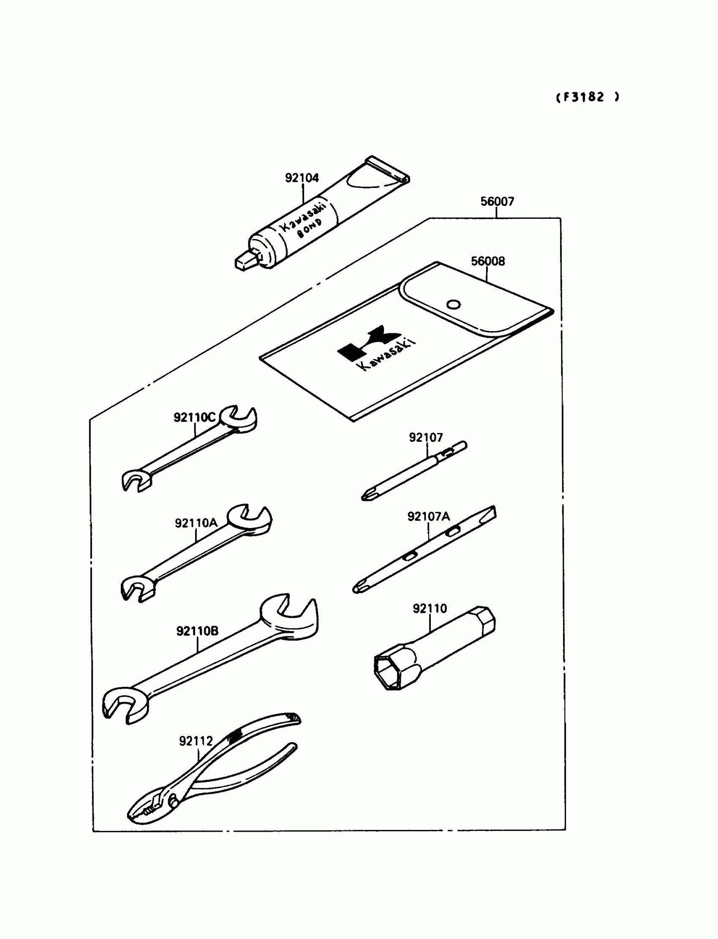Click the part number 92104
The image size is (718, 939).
[302, 177]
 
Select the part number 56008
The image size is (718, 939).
[488, 261]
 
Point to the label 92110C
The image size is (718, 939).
[194, 417]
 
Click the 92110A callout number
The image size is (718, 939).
[196, 523]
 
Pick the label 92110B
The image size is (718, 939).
[197, 631]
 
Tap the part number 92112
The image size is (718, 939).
[196, 741]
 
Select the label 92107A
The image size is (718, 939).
[428, 516]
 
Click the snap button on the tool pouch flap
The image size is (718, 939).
[453, 304]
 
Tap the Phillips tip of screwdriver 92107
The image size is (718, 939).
[367, 496]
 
